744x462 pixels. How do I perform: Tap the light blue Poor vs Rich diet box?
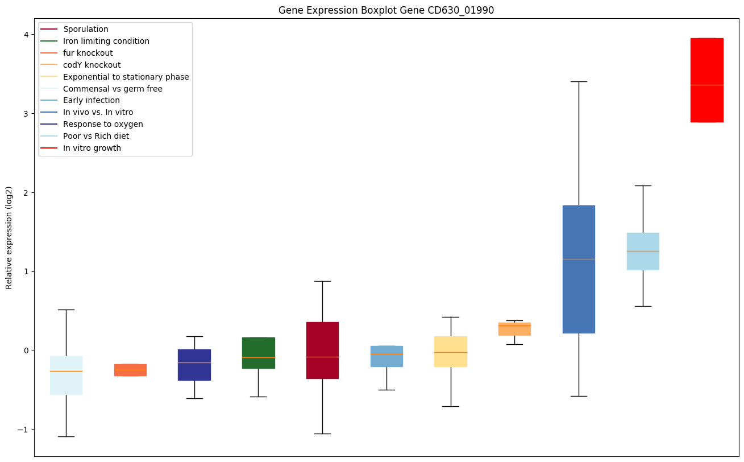pyautogui.click(x=643, y=251)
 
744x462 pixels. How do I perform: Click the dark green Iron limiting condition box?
pyautogui.click(x=259, y=353)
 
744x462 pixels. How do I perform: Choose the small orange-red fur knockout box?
pyautogui.click(x=130, y=370)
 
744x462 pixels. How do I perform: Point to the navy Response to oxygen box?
pyautogui.click(x=194, y=365)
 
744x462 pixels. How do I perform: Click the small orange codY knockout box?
pyautogui.click(x=514, y=329)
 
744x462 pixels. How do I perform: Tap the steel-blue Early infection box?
pyautogui.click(x=386, y=356)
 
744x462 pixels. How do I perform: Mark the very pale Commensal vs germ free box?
pyautogui.click(x=66, y=376)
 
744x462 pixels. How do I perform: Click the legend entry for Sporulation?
pyautogui.click(x=86, y=29)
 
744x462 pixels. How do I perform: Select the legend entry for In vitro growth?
pyautogui.click(x=92, y=148)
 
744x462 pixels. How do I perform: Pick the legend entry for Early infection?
pyautogui.click(x=92, y=100)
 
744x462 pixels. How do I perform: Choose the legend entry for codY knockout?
pyautogui.click(x=92, y=65)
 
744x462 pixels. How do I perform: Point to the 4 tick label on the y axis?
pyautogui.click(x=26, y=34)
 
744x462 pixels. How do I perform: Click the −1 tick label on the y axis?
pyautogui.click(x=23, y=429)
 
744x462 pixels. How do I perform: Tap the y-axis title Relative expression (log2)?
pyautogui.click(x=9, y=237)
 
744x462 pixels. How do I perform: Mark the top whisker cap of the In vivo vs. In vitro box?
pyautogui.click(x=579, y=81)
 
